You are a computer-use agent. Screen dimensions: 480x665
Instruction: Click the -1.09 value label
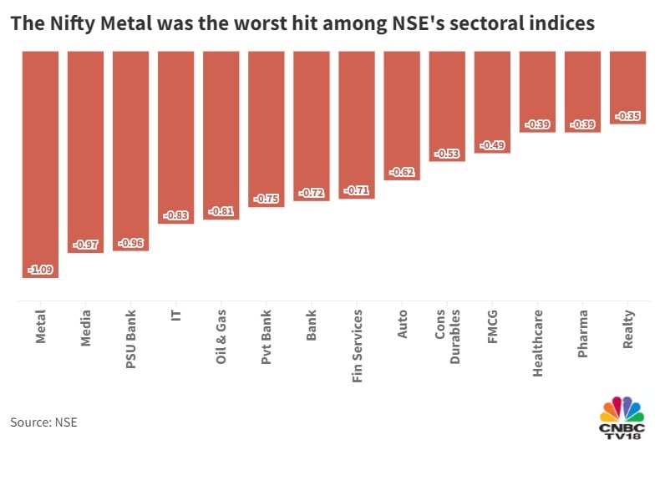pos(40,270)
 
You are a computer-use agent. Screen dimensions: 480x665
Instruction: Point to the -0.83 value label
pos(175,215)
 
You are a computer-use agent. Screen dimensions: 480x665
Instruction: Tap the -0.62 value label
pos(401,173)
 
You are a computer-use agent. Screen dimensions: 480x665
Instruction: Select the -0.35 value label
pos(627,116)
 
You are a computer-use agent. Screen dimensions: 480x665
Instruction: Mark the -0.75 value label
pos(266,199)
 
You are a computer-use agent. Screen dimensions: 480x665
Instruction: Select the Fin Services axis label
pos(357,346)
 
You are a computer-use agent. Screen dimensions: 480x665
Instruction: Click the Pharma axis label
pos(582,333)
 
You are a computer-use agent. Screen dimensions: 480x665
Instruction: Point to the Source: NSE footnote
pos(43,422)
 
